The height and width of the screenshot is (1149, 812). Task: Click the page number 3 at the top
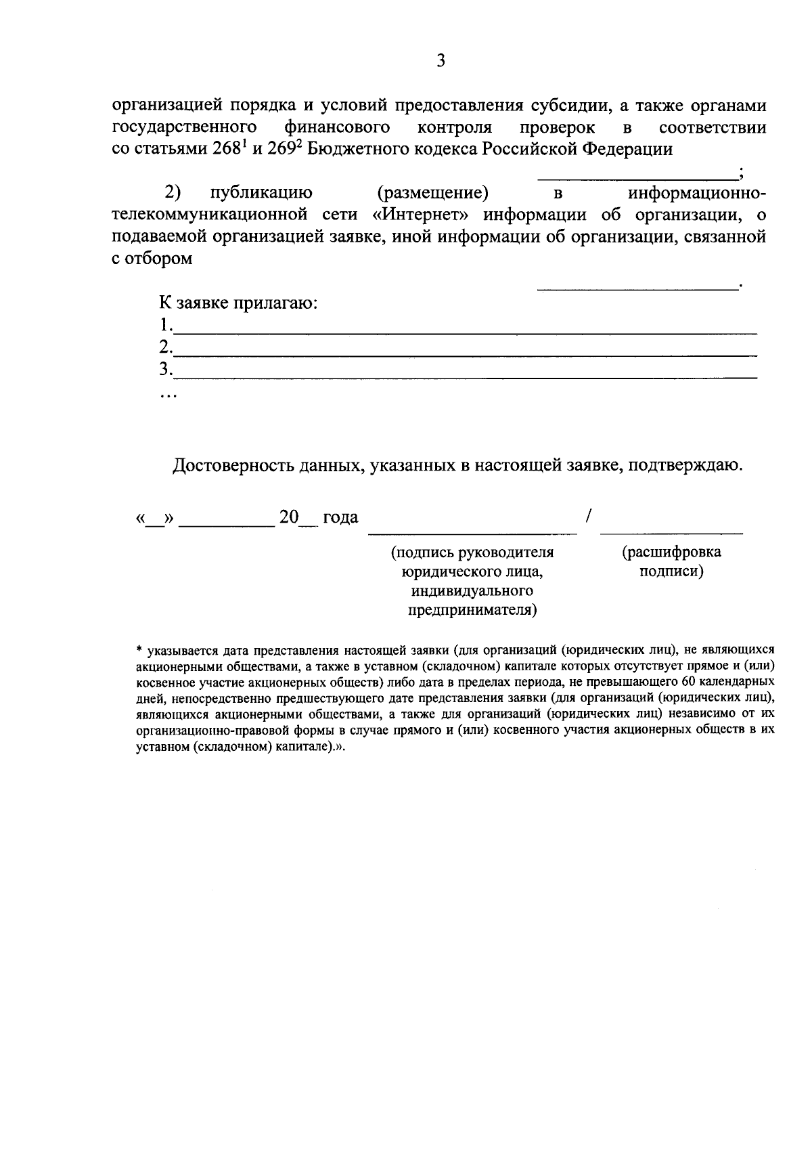pos(441,62)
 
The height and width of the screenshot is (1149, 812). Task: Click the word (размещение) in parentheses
pos(433,193)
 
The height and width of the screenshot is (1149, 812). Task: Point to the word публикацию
pos(261,193)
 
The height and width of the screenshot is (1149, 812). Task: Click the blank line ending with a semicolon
pos(637,177)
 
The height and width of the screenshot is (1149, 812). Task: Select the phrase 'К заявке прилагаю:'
pos(239,303)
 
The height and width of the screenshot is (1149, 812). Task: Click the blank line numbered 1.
pos(466,332)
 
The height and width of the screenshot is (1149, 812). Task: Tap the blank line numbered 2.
pos(466,354)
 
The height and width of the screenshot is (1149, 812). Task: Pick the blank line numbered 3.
pos(466,376)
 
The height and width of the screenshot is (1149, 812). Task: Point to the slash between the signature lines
pos(589,517)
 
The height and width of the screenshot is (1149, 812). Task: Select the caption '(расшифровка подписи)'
pos(671,561)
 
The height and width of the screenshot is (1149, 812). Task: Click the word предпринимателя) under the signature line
pos(472,611)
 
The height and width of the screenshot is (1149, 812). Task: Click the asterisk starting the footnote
pos(139,650)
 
